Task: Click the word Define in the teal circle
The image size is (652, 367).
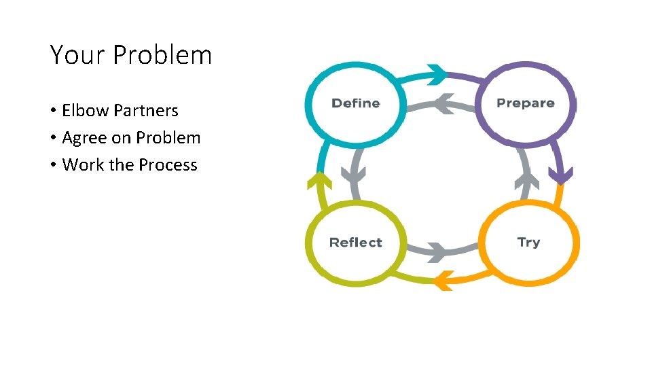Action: [x=355, y=103]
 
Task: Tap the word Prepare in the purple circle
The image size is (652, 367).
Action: [x=525, y=103]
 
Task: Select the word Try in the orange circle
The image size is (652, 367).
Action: [x=528, y=242]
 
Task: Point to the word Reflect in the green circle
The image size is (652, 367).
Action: [x=355, y=243]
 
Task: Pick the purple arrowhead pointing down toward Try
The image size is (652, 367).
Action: [x=560, y=175]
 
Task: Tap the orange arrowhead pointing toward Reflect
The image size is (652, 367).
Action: [x=443, y=279]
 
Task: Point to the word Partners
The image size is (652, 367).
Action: [x=146, y=110]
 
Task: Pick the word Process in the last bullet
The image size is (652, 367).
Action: [x=168, y=164]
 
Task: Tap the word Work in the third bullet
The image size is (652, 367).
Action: [x=81, y=164]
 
